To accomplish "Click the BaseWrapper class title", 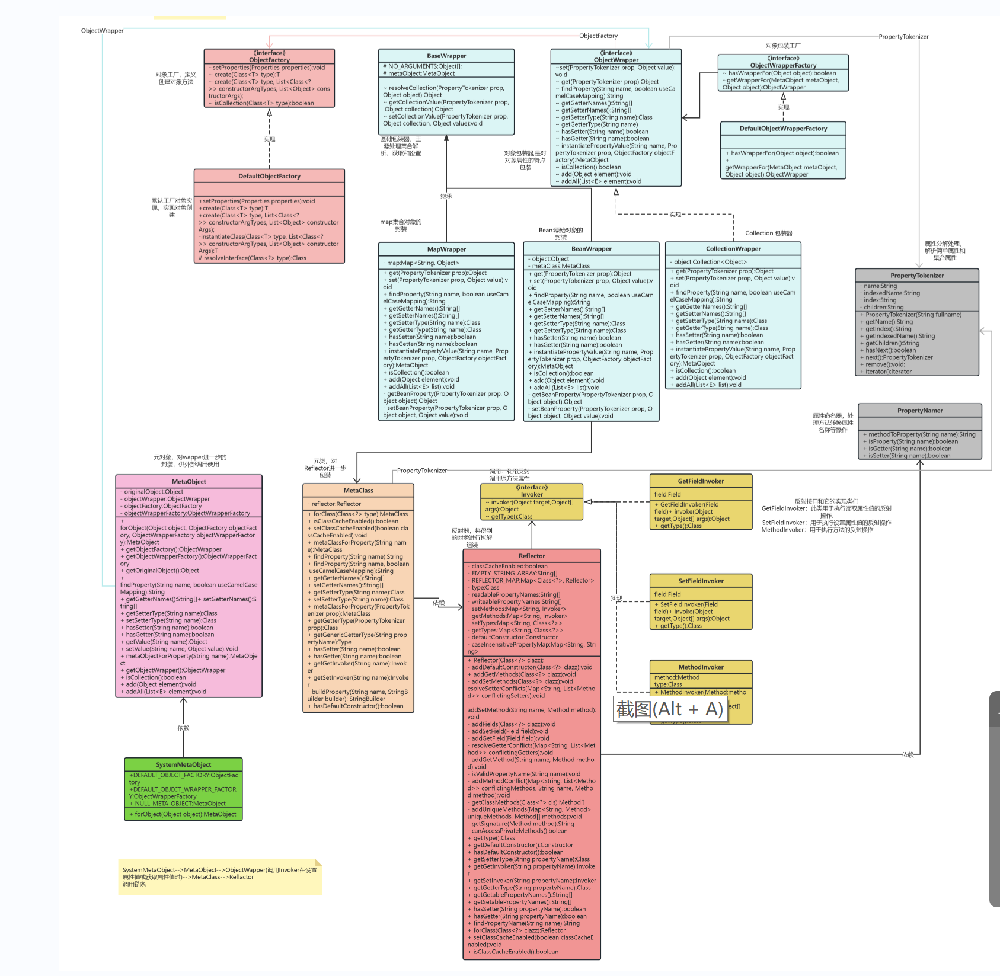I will click(446, 56).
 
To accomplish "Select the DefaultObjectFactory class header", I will click(269, 176).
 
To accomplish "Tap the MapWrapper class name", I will click(446, 249).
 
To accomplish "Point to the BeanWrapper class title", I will click(591, 249).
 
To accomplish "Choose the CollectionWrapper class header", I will click(733, 249).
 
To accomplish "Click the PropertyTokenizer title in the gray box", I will click(916, 276).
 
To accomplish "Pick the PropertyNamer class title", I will click(920, 411).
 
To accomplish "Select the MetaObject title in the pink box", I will click(189, 482).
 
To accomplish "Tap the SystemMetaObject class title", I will click(184, 764).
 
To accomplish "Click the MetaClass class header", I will click(359, 491).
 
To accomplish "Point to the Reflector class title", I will click(532, 556).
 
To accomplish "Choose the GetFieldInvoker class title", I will click(701, 481).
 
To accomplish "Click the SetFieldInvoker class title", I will click(701, 581).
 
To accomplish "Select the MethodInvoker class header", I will click(701, 667).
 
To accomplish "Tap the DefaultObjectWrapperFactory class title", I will click(783, 129).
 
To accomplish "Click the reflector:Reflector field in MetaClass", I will click(336, 504).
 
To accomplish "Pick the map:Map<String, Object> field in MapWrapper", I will click(423, 263).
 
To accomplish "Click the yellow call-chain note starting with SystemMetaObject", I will click(220, 876).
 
